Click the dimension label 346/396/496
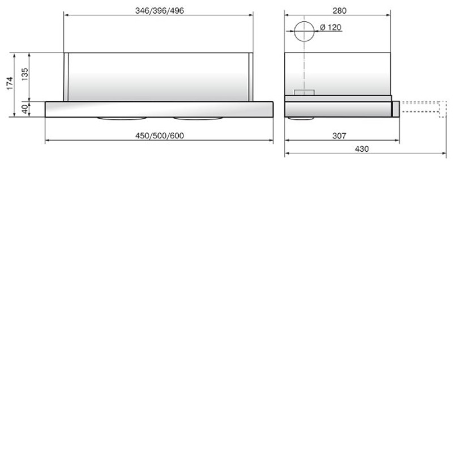pyautogui.click(x=160, y=11)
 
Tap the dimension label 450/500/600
pyautogui.click(x=160, y=136)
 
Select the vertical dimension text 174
pyautogui.click(x=10, y=83)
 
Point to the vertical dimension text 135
pyautogui.click(x=25, y=75)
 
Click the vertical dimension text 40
pyautogui.click(x=25, y=109)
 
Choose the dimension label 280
pyautogui.click(x=339, y=11)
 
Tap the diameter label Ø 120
pyautogui.click(x=331, y=27)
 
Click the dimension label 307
pyautogui.click(x=339, y=136)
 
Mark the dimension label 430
pyautogui.click(x=362, y=149)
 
